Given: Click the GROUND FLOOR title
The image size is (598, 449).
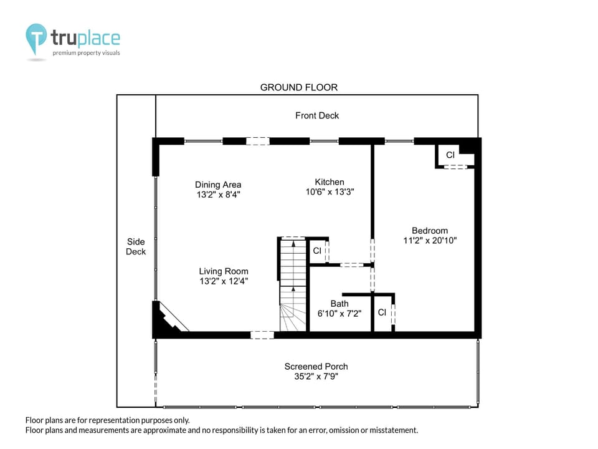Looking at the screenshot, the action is (298, 87).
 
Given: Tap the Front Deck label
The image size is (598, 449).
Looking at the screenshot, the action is (317, 115).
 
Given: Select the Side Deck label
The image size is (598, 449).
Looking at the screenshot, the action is (136, 247).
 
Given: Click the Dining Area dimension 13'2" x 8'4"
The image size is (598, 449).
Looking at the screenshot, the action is (218, 195).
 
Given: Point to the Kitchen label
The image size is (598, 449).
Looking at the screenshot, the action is (330, 182).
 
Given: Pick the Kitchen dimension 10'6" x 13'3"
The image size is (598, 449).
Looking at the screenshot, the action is (330, 191).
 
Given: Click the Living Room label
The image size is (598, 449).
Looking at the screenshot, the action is (224, 271).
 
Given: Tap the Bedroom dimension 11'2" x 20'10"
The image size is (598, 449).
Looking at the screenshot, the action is (430, 241).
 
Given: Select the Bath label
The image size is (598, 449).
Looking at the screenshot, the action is (339, 304).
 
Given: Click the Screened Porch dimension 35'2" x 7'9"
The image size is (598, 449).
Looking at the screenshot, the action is (316, 377).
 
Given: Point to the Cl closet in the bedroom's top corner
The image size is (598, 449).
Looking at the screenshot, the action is (450, 155).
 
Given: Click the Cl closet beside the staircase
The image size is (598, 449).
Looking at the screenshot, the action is (317, 251).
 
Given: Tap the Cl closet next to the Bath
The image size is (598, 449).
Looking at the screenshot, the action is (382, 312).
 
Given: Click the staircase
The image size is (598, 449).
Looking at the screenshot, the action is (293, 284).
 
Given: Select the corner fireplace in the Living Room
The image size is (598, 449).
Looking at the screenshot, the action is (168, 317).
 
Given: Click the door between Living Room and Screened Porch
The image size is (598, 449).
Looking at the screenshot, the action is (262, 336).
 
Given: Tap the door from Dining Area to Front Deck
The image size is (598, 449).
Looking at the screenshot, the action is (257, 142).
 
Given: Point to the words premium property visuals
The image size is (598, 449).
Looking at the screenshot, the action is (86, 52).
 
